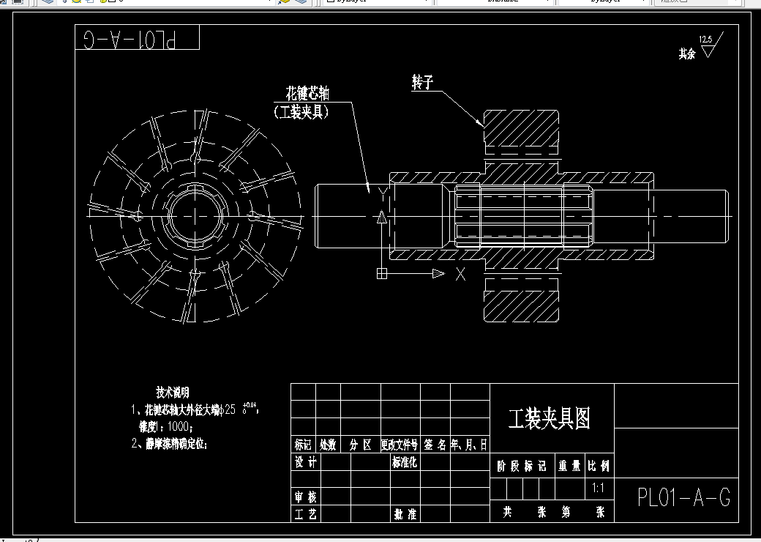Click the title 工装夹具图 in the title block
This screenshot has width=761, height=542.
click(549, 419)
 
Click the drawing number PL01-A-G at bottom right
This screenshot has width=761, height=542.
click(683, 498)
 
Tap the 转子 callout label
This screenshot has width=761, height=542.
click(423, 83)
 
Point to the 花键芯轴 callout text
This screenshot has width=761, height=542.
click(307, 94)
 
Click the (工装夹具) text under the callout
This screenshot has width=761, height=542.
click(301, 112)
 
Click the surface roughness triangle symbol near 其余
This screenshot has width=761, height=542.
click(708, 50)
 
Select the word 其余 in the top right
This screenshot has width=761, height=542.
click(686, 54)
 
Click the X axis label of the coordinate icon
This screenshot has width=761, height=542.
click(460, 275)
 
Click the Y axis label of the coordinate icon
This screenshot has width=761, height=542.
click(382, 192)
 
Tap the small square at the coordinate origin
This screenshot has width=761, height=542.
click(381, 274)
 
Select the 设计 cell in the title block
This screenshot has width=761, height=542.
click(306, 462)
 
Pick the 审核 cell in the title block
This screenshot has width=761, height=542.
click(306, 497)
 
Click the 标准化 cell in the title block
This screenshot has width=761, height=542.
click(404, 462)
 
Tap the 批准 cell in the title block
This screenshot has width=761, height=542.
click(404, 514)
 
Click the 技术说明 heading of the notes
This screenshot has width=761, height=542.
click(173, 393)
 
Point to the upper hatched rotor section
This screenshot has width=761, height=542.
click(520, 132)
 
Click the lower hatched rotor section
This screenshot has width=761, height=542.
click(520, 300)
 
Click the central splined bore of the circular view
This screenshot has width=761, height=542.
click(194, 217)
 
